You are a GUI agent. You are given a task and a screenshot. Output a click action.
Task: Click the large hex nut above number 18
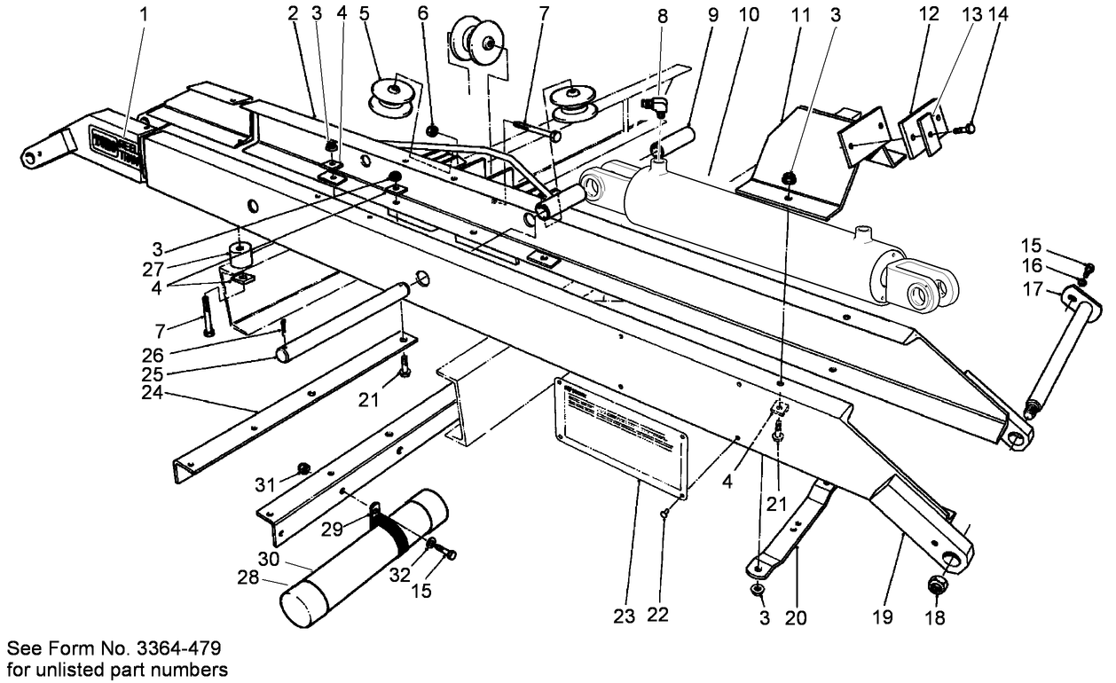click(x=939, y=585)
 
